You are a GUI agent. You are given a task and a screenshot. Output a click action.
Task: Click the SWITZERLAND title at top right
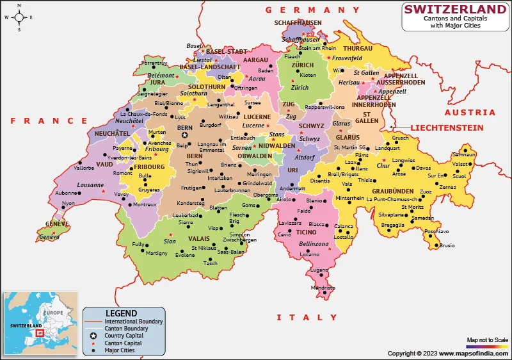pos(455,9)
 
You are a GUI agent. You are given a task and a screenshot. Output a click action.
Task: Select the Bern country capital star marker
pos(184,135)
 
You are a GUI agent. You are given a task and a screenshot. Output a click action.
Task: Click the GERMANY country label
pos(313,10)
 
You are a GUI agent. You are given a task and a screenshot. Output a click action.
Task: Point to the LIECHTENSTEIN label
pos(447,128)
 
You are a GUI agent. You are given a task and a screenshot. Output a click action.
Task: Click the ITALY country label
pos(306,317)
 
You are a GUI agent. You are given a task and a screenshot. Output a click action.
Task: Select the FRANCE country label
pos(49,120)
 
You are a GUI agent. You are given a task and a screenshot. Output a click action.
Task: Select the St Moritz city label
pos(412,207)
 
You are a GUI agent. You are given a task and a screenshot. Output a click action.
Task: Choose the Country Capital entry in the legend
pos(124,336)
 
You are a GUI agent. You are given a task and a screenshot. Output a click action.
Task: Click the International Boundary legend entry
pos(133,321)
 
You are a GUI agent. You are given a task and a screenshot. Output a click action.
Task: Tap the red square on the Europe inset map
pos(39,332)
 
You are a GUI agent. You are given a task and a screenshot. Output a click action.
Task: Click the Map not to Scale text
pos(487,340)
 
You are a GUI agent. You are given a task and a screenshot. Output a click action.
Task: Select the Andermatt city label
pos(292,189)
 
